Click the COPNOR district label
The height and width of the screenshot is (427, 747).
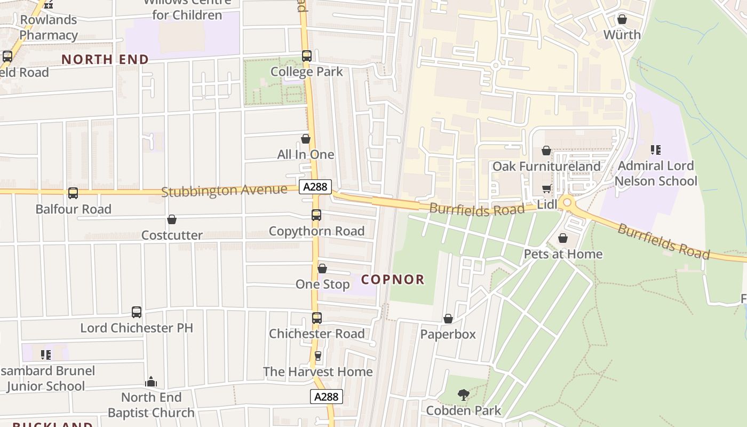click(393, 279)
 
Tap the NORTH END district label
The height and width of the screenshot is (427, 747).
click(105, 59)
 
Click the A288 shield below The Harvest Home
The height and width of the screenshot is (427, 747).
click(326, 397)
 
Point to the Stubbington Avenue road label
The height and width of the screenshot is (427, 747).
click(224, 191)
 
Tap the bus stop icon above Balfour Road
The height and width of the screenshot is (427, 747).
click(73, 193)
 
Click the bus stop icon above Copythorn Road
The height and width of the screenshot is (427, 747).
click(316, 215)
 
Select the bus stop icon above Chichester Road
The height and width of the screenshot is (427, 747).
click(317, 318)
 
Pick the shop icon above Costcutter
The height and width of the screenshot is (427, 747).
click(172, 219)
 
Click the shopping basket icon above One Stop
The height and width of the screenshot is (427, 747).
click(322, 268)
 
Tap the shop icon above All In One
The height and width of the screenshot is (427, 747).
click(306, 139)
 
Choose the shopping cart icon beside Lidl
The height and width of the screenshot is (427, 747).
click(546, 189)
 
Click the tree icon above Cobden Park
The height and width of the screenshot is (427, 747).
click(464, 395)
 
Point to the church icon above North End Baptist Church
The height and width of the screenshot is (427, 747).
click(151, 382)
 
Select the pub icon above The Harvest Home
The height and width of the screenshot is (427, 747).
click(318, 355)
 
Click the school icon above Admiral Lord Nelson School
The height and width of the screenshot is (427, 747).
click(656, 150)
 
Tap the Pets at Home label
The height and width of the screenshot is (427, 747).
click(563, 254)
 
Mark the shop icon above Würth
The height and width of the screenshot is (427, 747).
click(622, 20)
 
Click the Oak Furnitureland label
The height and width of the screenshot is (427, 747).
click(546, 167)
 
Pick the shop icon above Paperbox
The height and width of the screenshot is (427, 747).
click(448, 319)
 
